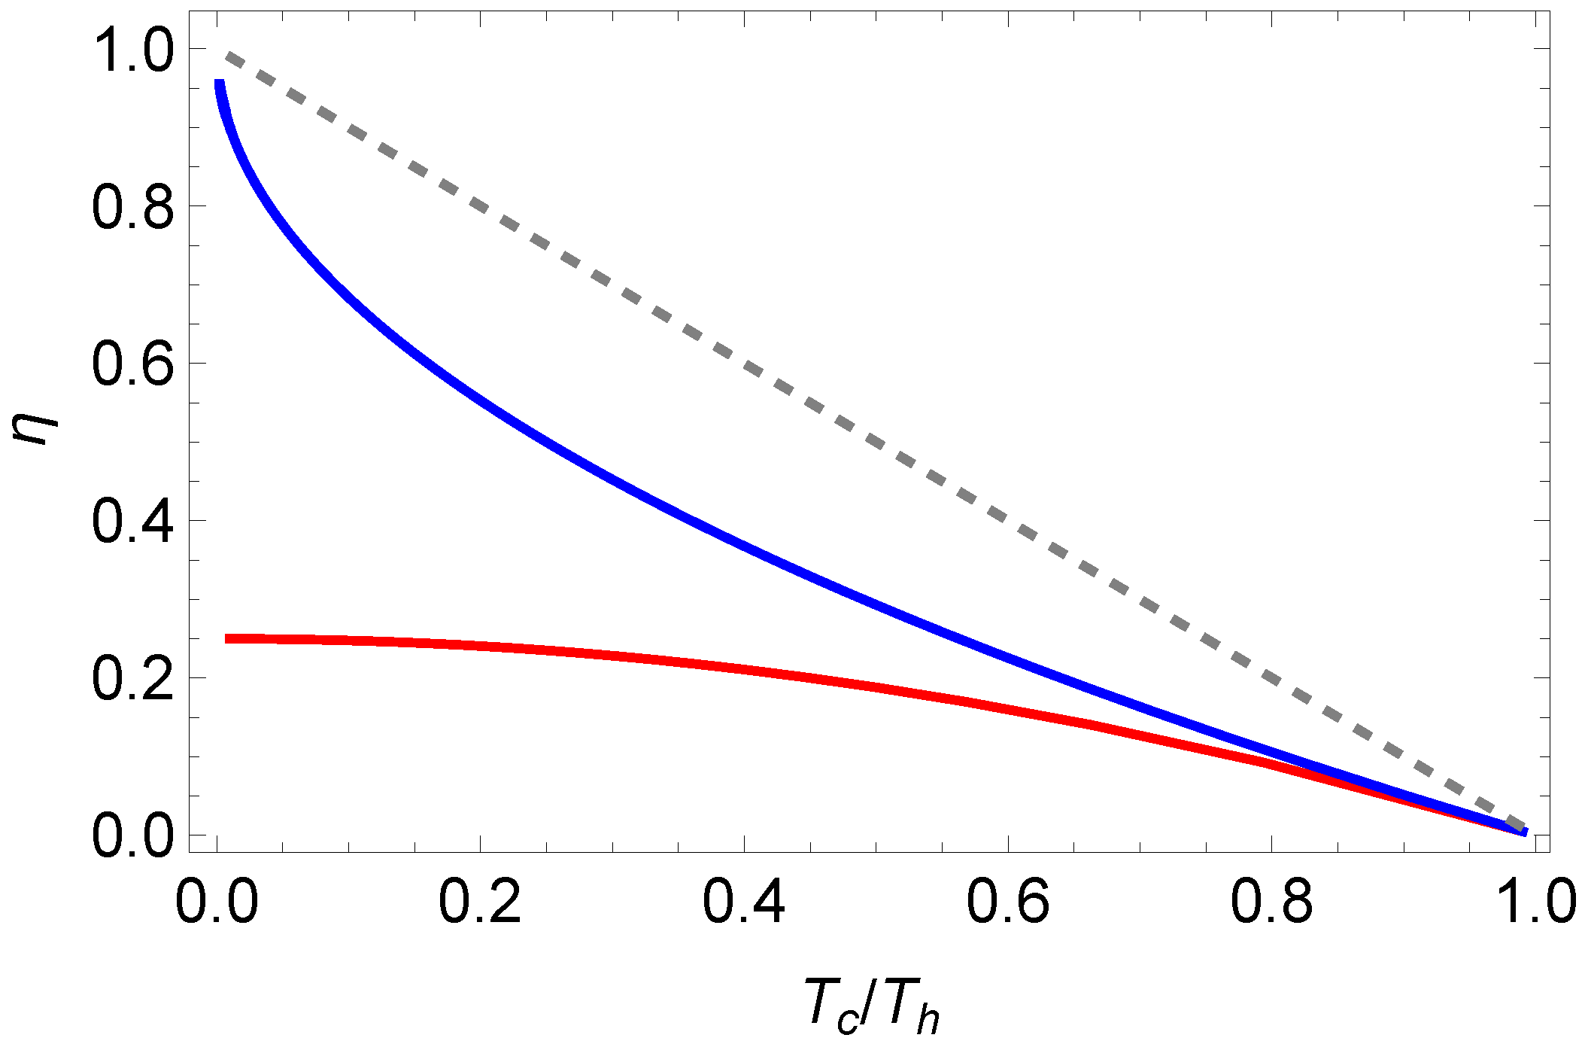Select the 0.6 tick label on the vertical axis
[132, 365]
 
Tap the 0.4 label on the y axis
[132, 522]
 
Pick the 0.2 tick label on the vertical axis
[132, 680]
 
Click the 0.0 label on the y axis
[132, 837]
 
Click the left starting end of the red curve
[227, 638]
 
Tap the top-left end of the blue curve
[219, 83]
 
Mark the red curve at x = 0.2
[480, 646]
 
